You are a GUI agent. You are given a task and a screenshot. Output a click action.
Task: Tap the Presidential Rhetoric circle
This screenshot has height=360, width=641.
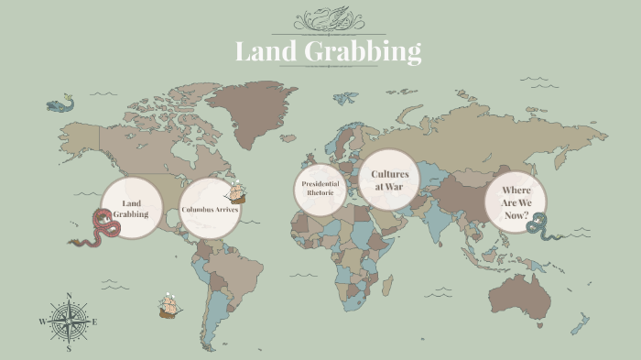pos(321,190)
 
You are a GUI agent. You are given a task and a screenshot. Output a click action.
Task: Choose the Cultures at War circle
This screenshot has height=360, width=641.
pos(388,180)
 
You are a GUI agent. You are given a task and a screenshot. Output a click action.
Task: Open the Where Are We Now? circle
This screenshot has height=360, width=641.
pos(516,202)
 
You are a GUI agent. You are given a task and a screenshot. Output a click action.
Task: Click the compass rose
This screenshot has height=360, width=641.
pos(70,322)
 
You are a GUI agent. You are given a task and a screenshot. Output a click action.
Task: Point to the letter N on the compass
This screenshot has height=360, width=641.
pos(70,296)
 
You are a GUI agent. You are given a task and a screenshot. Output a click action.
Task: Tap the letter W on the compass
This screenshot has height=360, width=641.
pos(42,322)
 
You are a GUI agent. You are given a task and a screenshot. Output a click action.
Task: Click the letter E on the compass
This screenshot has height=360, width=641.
pos(94,322)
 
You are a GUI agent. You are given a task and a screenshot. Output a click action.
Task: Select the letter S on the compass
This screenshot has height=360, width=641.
pos(70,348)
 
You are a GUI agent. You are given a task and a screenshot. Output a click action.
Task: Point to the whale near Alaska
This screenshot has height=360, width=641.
pos(60,104)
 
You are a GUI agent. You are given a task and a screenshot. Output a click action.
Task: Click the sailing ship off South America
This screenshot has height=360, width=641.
pos(169,306)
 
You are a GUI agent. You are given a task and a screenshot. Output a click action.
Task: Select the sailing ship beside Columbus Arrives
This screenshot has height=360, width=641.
pos(237,193)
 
